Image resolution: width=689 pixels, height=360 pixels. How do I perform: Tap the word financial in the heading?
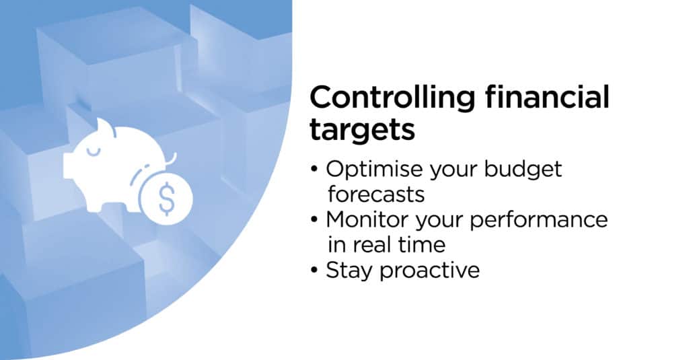point(548,97)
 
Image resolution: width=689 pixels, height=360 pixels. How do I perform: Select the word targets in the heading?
point(362,130)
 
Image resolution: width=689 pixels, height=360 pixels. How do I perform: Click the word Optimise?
point(375,170)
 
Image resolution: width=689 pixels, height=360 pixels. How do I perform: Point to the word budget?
point(522,170)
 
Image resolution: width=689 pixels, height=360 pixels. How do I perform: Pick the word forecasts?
point(376,194)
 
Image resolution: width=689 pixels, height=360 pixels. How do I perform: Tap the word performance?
point(538,220)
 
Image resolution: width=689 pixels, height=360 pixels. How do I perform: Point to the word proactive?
point(430,271)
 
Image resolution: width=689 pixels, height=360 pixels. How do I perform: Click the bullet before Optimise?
point(314,169)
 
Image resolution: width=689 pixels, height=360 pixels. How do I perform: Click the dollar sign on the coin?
point(167,199)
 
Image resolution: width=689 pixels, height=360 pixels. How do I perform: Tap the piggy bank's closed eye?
point(93,153)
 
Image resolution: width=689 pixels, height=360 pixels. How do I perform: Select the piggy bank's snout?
point(68,166)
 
